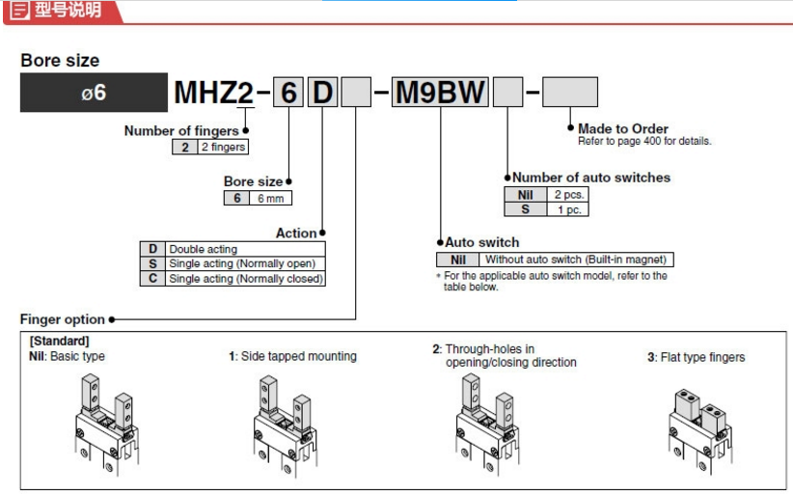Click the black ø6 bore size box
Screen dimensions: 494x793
[x=94, y=94]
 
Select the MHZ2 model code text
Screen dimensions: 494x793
[x=213, y=94]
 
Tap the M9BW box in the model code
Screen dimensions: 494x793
[x=440, y=94]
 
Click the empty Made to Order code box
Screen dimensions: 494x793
[x=570, y=93]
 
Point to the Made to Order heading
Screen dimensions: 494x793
[x=622, y=128]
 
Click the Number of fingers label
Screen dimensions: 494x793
[x=180, y=131]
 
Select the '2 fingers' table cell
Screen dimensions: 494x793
[x=222, y=147]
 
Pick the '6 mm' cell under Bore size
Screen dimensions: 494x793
[x=269, y=198]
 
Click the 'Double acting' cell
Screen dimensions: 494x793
[x=203, y=249]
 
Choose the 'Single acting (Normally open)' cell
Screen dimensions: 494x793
[x=242, y=263]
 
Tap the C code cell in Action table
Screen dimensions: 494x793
[x=152, y=278]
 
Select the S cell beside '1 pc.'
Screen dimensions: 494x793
[x=526, y=208]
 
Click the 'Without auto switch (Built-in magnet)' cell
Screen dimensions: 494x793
[x=575, y=260]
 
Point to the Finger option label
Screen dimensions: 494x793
[x=63, y=319]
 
